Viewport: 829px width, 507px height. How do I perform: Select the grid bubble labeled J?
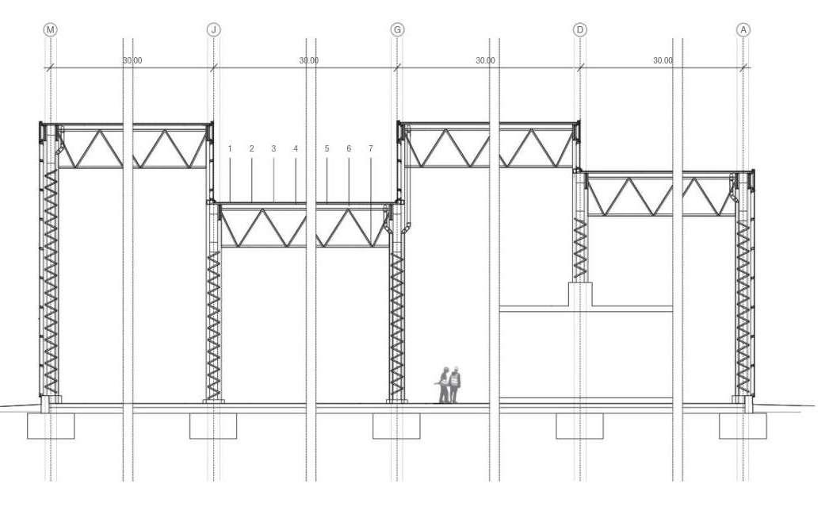pos(213,29)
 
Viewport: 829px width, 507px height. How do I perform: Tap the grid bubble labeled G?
pos(397,29)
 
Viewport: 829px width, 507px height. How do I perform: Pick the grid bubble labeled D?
pos(579,29)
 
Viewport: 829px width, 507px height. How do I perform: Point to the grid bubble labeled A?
pos(743,29)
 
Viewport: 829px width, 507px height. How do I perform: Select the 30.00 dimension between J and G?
pos(309,60)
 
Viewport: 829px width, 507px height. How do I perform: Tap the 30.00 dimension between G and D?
pos(486,60)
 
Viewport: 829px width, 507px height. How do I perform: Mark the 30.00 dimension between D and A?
pos(663,60)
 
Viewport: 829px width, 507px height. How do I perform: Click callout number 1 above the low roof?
pos(230,148)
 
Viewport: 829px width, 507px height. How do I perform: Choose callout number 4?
pos(296,148)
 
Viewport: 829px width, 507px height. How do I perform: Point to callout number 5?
pos(326,148)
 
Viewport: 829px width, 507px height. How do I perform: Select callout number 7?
pos(370,148)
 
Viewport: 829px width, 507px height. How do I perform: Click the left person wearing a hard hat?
pos(445,385)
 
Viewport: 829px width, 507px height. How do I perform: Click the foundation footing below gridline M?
pos(51,426)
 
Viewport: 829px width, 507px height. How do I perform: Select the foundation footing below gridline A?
pos(743,426)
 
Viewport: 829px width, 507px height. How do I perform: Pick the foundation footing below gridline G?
pos(396,426)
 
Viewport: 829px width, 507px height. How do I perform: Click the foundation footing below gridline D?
pos(579,426)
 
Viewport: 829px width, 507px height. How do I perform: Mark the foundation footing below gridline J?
pos(213,426)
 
